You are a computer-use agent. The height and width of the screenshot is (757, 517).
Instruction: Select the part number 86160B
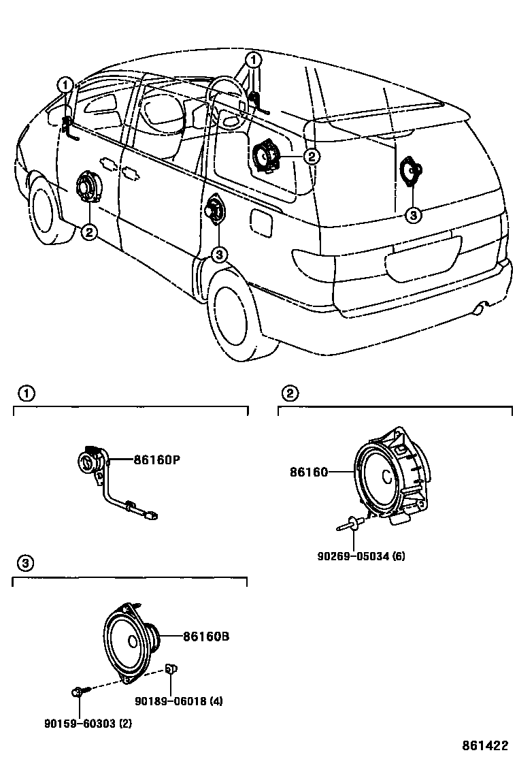pyautogui.click(x=205, y=637)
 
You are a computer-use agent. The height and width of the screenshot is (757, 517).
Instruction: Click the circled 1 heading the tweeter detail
pyautogui.click(x=24, y=393)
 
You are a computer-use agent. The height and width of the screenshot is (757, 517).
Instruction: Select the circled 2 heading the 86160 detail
pyautogui.click(x=289, y=393)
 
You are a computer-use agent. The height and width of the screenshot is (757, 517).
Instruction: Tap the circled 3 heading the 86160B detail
pyautogui.click(x=24, y=563)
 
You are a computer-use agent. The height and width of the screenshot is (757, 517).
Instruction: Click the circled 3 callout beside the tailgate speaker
pyautogui.click(x=413, y=216)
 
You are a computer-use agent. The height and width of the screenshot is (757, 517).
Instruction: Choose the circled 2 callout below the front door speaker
pyautogui.click(x=89, y=233)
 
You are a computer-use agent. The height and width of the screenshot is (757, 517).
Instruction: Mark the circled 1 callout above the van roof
pyautogui.click(x=252, y=61)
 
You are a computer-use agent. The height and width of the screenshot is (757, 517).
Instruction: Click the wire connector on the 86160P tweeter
pyautogui.click(x=155, y=517)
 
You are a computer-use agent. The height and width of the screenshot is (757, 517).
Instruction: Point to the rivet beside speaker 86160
pyautogui.click(x=347, y=523)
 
